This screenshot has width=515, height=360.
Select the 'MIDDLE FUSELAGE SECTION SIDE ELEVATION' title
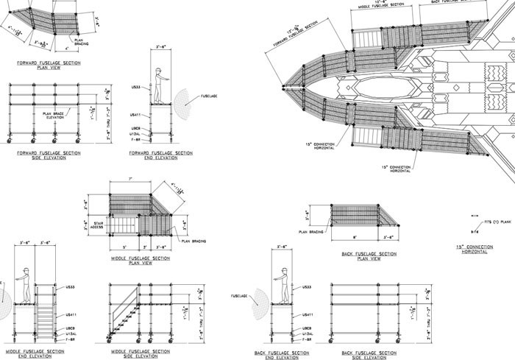pos(134,354)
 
